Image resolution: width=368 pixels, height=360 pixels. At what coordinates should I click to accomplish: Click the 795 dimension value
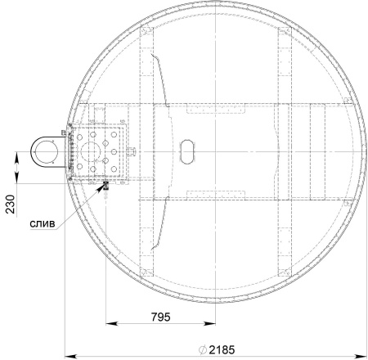click(x=160, y=317)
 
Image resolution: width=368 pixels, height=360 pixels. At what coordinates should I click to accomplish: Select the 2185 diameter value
click(x=222, y=349)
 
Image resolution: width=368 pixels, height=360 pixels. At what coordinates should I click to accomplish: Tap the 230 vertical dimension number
click(x=11, y=204)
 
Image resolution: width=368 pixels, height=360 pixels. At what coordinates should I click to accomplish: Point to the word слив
click(x=43, y=224)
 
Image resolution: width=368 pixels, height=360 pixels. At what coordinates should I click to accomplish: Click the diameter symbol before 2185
click(x=203, y=349)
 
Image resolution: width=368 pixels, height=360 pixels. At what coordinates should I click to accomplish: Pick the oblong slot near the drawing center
click(x=187, y=151)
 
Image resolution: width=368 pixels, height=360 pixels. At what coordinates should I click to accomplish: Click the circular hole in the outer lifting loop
click(x=44, y=151)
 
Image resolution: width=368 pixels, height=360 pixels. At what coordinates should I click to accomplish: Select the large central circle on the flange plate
click(x=91, y=151)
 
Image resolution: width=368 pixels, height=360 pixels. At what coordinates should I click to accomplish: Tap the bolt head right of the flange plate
click(x=132, y=151)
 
